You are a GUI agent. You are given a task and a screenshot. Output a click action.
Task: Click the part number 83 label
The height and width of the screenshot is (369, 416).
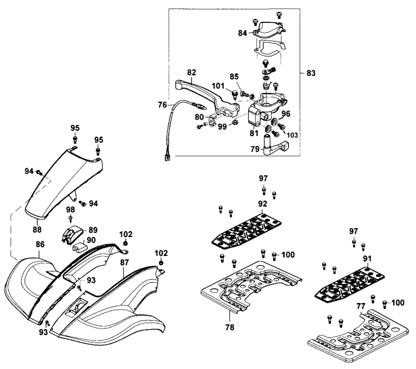pyautogui.click(x=311, y=73)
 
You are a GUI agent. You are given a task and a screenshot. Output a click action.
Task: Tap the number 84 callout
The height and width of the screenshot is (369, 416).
pyautogui.click(x=243, y=33)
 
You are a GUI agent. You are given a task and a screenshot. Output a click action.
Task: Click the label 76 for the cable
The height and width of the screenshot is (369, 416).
pyautogui.click(x=162, y=105)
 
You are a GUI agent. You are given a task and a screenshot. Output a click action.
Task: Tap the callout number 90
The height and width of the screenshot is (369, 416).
pyautogui.click(x=91, y=240)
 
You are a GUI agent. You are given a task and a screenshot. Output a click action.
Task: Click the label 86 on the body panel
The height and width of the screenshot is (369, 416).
pyautogui.click(x=40, y=244)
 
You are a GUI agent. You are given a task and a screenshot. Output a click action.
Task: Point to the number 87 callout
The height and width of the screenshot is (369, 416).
pyautogui.click(x=124, y=263)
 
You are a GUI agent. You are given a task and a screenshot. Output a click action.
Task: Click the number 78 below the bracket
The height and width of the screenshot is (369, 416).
pyautogui.click(x=230, y=327)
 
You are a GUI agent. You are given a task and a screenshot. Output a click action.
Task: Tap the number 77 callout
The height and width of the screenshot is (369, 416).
pyautogui.click(x=361, y=307)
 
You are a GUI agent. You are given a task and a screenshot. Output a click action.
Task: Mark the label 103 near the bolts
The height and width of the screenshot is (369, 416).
pyautogui.click(x=292, y=135)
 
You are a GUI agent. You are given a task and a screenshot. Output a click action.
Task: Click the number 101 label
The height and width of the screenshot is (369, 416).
pyautogui.click(x=218, y=86)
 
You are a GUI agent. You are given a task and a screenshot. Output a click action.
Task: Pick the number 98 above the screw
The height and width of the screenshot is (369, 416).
pyautogui.click(x=70, y=210)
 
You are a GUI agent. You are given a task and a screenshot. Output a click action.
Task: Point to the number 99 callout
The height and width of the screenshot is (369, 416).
pyautogui.click(x=222, y=126)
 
